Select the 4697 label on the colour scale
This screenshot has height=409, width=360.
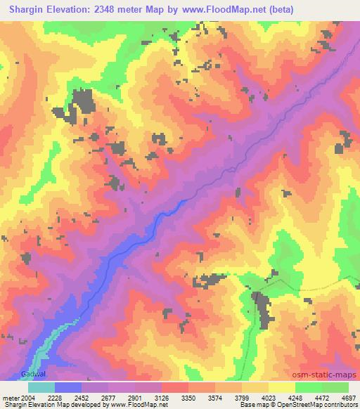(348, 397)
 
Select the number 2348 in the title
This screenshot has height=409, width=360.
(115, 9)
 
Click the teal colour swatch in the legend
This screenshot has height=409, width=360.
(41, 387)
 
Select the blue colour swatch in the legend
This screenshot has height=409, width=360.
(68, 387)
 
